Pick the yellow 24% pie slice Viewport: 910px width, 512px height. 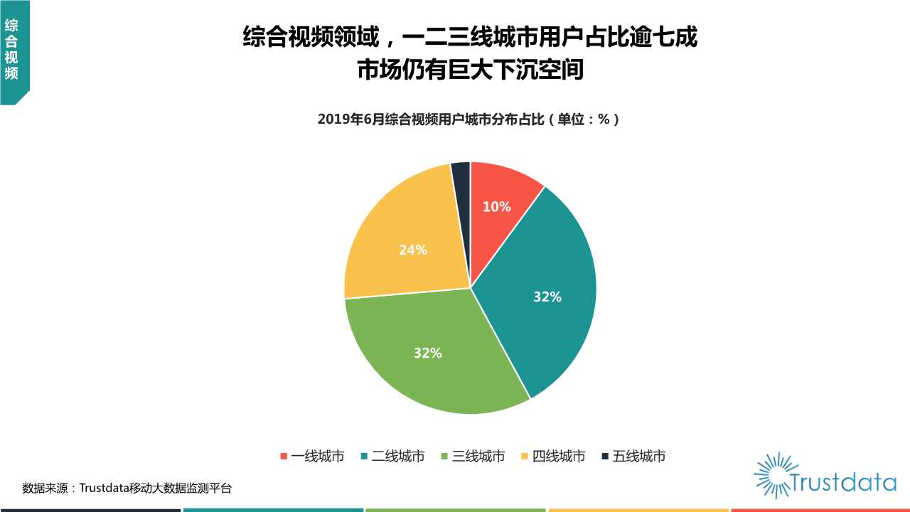(405, 235)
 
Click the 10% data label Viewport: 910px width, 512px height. (496, 207)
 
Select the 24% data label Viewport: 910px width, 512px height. (412, 250)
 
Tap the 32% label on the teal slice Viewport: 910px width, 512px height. (547, 297)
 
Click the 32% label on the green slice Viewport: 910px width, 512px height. (427, 353)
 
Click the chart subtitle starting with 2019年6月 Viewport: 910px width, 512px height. (469, 119)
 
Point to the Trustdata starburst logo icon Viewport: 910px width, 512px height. (773, 474)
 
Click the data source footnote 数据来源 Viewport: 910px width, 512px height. (127, 489)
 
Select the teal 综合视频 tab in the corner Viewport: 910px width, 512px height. (12, 50)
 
